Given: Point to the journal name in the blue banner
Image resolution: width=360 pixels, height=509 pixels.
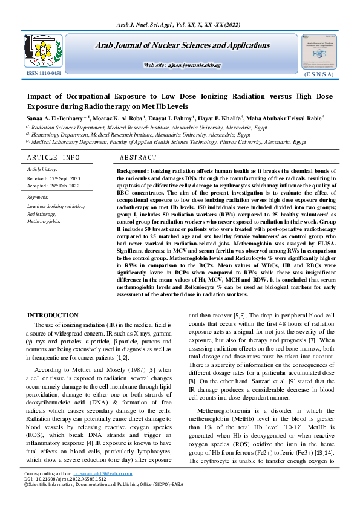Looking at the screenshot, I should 182,45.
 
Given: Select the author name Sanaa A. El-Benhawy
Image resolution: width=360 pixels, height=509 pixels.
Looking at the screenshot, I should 56,119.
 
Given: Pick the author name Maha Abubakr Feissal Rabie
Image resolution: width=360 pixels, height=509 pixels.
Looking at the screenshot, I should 290,119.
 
